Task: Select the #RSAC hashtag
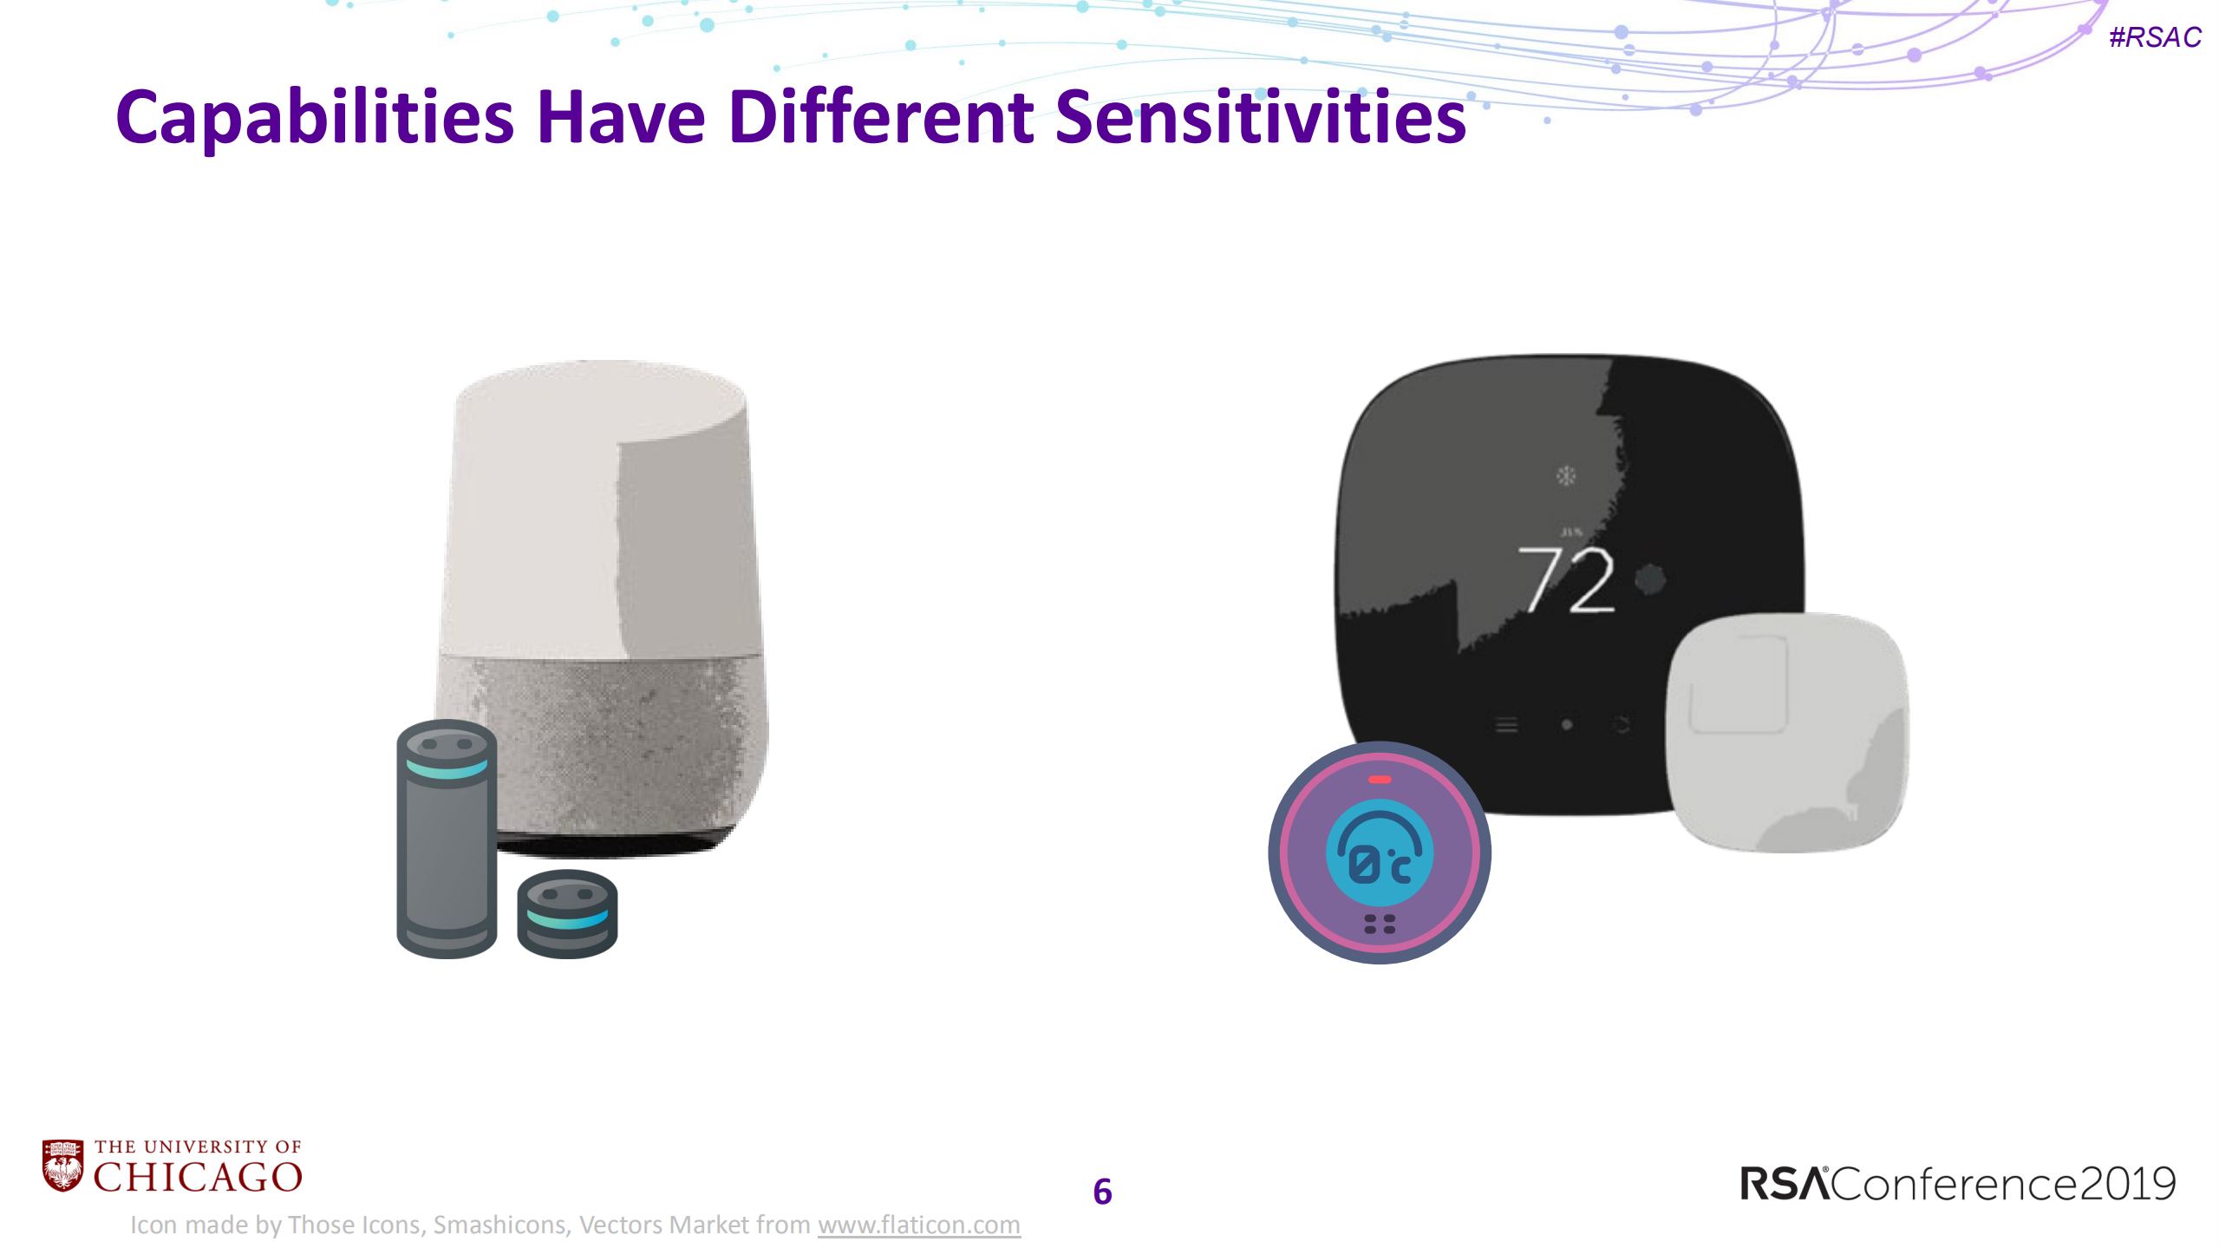[x=2155, y=37]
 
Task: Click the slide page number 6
[x=1102, y=1192]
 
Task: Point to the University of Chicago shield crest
[x=63, y=1165]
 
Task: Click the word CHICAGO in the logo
[x=198, y=1178]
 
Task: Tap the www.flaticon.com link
[x=918, y=1225]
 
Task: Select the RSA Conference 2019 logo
[x=1957, y=1184]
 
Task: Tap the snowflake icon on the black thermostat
[x=1566, y=475]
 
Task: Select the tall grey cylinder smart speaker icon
[x=447, y=839]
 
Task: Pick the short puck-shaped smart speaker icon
[x=567, y=913]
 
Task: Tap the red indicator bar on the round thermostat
[x=1379, y=780]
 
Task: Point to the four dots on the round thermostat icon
[x=1379, y=924]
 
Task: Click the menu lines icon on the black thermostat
[x=1506, y=725]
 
